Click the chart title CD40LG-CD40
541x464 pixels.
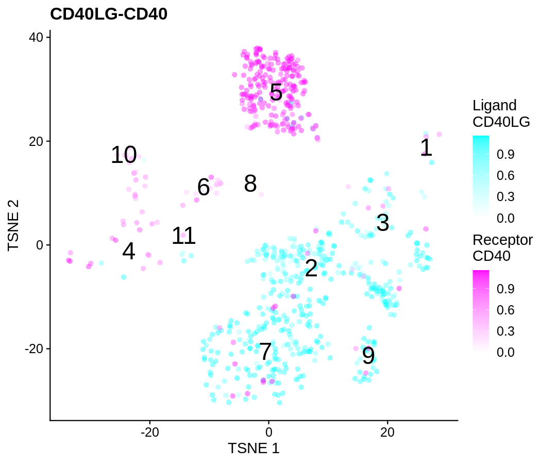(109, 14)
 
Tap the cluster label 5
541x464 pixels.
(276, 93)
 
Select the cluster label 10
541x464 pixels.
(124, 155)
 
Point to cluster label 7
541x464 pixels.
(265, 352)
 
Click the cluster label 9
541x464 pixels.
(368, 356)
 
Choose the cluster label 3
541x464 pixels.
(382, 223)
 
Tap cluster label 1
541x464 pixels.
(426, 148)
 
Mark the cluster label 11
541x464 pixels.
(183, 236)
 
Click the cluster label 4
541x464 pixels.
(129, 252)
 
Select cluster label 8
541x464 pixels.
(250, 184)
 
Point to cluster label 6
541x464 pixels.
(204, 188)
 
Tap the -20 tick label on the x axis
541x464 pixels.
(149, 432)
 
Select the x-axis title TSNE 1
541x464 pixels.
(253, 449)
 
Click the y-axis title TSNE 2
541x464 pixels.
(14, 225)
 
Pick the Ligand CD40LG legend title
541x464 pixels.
(501, 113)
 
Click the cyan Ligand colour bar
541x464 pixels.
(481, 175)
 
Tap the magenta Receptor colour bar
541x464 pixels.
(481, 310)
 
